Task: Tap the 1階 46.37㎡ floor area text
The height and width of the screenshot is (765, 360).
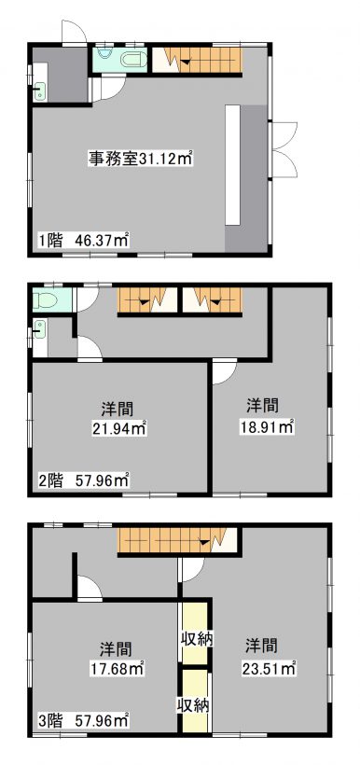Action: pos(83,240)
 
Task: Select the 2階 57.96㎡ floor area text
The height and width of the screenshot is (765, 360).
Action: pos(83,480)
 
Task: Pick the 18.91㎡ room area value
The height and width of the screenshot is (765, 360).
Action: pos(265,427)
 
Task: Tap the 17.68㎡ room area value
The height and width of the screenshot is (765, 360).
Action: pos(118,667)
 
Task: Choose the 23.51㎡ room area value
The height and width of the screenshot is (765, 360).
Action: pos(269,667)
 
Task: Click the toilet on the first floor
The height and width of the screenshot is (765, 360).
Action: pos(132,61)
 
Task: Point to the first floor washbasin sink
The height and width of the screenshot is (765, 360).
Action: pos(39,91)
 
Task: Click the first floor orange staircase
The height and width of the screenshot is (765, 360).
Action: pos(197,60)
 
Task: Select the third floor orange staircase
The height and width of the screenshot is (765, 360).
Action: pos(176,540)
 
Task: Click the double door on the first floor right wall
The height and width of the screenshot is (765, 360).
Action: pos(284,150)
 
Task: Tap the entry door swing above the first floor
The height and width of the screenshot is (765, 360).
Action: pos(75,33)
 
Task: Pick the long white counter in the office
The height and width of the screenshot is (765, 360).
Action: pos(232,164)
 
